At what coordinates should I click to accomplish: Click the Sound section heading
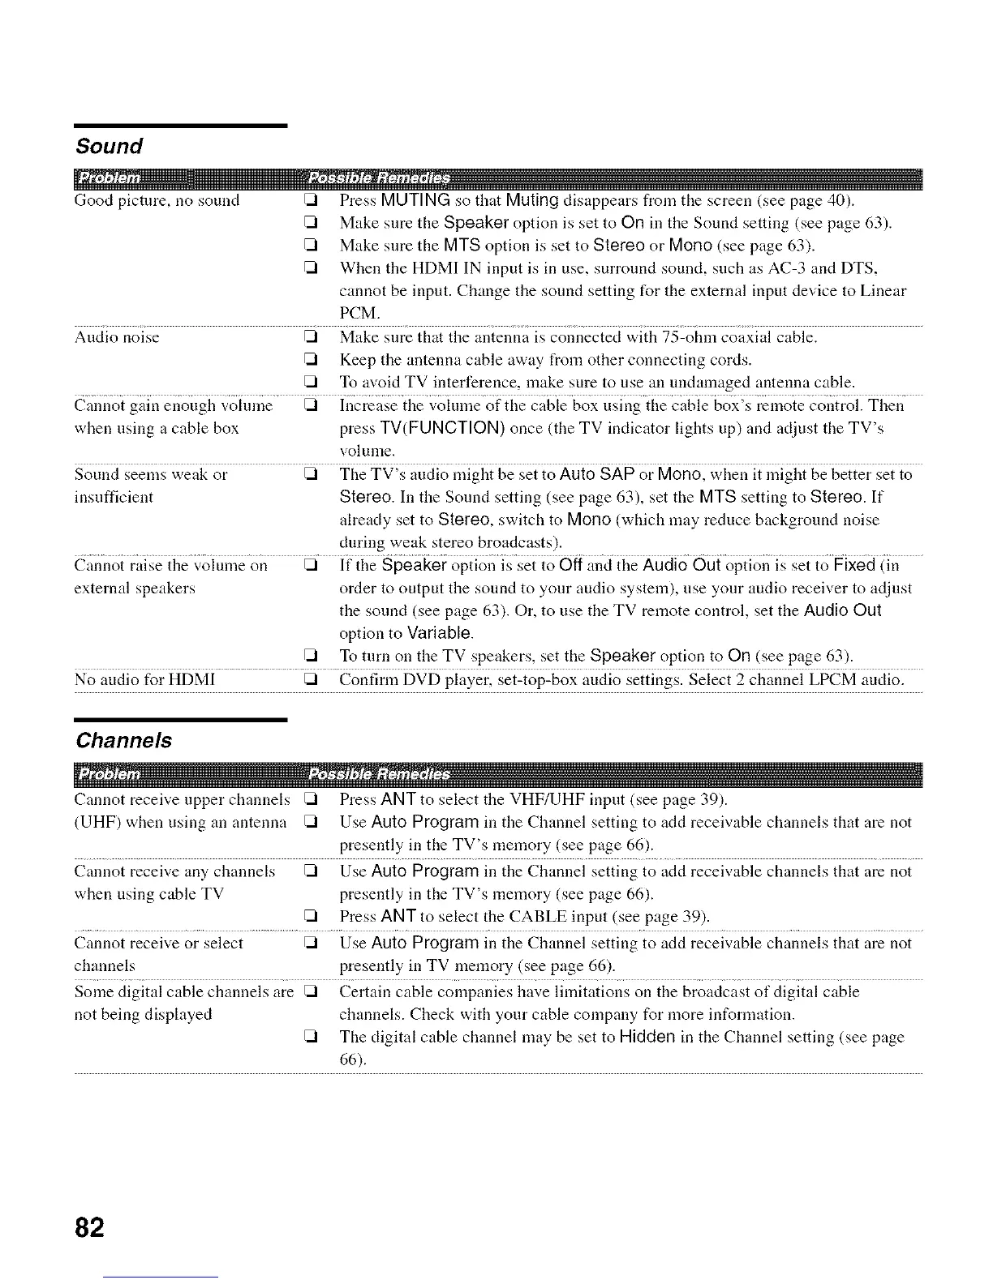click(109, 146)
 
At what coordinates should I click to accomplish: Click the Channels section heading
click(123, 740)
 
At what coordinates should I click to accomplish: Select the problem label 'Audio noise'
click(117, 337)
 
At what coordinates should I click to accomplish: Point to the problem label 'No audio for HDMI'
click(144, 678)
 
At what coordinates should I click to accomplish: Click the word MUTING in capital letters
click(415, 200)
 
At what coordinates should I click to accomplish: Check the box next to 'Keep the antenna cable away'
click(308, 360)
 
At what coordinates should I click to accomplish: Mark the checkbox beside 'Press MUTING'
click(308, 201)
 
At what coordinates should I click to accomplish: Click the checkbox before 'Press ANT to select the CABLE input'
click(308, 918)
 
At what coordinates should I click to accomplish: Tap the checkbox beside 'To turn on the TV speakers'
click(308, 656)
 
